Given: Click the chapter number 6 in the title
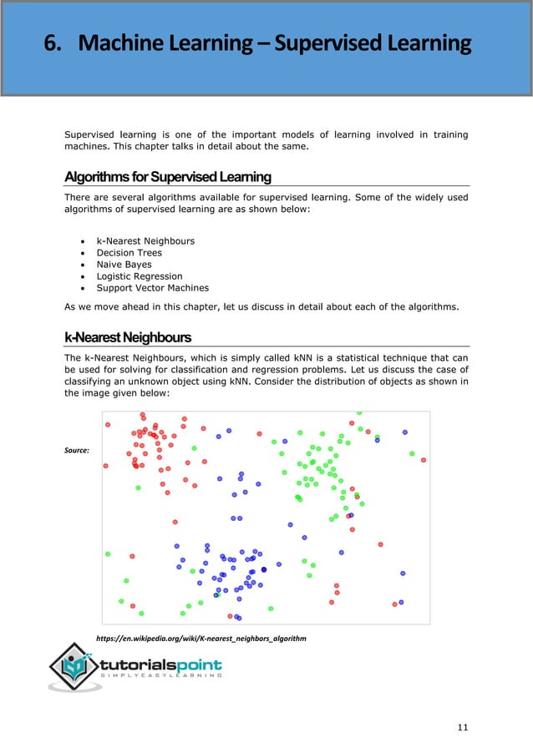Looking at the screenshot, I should [53, 43].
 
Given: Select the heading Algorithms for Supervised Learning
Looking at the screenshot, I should [168, 177].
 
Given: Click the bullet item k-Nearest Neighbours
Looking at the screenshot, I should [145, 241].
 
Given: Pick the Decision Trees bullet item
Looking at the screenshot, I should [129, 253].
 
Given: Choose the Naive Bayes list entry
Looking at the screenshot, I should [124, 265].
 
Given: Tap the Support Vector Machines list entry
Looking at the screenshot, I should [153, 288].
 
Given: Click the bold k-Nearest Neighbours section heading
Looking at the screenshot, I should [128, 337].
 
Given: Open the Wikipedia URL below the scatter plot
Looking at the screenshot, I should [201, 638].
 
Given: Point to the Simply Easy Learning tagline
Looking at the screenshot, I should [163, 677].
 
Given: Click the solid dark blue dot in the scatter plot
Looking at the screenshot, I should [264, 569].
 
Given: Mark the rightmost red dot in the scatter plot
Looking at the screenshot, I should [424, 459].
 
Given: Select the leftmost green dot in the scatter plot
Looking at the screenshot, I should [107, 553].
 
